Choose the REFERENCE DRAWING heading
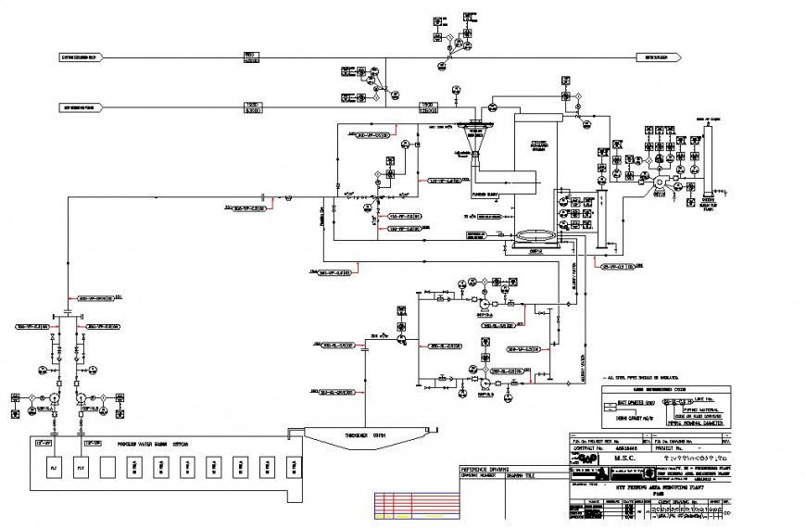pyautogui.click(x=486, y=470)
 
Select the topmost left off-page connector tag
pyautogui.click(x=81, y=57)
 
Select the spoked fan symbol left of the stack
pyautogui.click(x=659, y=183)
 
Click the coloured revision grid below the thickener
pyautogui.click(x=416, y=504)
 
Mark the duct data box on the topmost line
pyautogui.click(x=249, y=57)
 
